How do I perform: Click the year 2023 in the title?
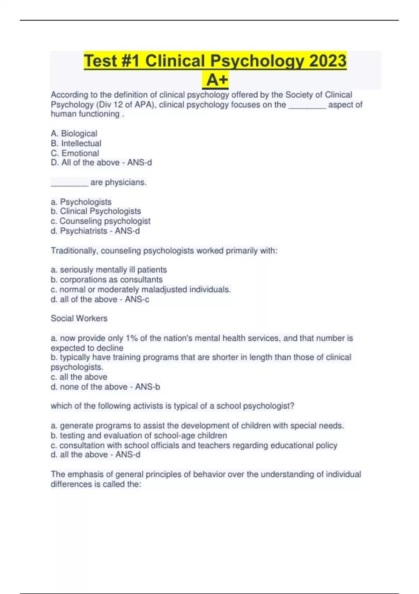(x=328, y=61)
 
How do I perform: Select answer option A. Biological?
(x=74, y=133)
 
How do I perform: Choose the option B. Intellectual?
(x=76, y=143)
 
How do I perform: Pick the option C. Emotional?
(x=75, y=153)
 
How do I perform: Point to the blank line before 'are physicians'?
(x=69, y=183)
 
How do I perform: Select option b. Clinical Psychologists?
(x=96, y=211)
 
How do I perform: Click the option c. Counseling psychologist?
(x=101, y=221)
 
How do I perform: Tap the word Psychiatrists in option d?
(x=83, y=231)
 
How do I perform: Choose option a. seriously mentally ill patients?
(x=109, y=270)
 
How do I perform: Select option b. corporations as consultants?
(x=106, y=280)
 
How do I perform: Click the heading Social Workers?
(x=79, y=318)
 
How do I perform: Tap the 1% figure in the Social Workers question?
(x=132, y=338)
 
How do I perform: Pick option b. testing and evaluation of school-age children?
(x=139, y=435)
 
